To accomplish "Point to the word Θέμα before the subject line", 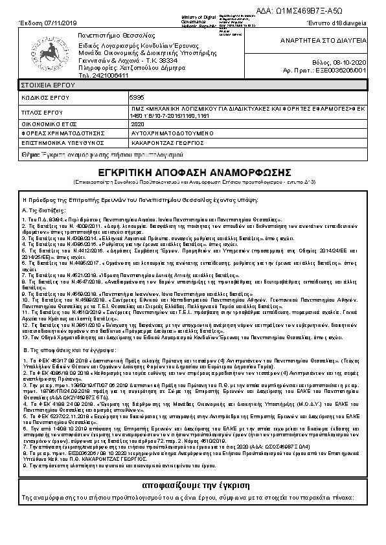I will (30, 156).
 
